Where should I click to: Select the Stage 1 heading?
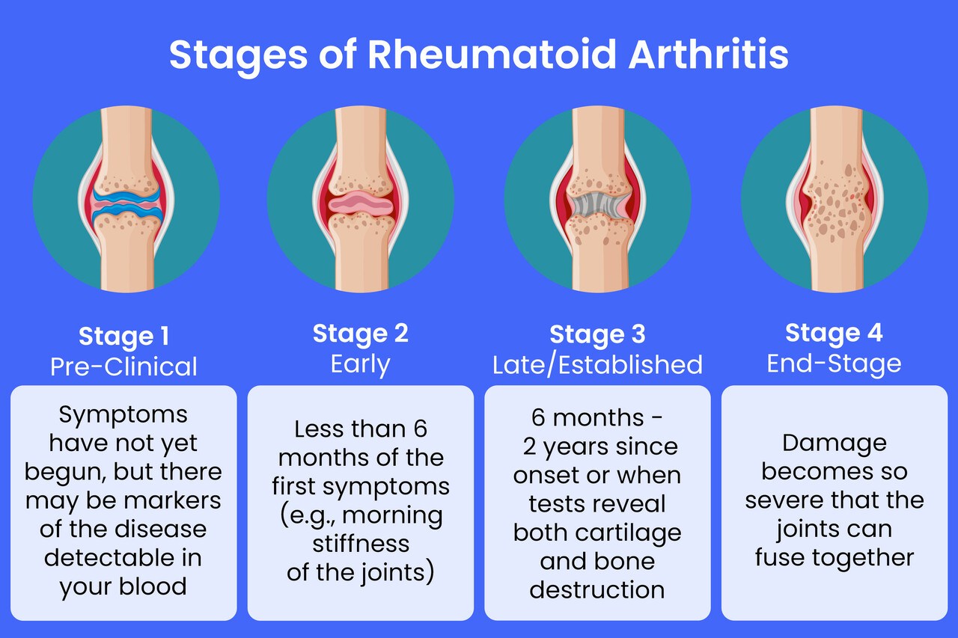click(124, 337)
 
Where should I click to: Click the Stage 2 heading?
click(361, 334)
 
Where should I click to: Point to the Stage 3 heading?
click(597, 335)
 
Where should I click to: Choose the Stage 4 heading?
click(834, 334)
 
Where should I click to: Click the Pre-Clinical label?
click(123, 366)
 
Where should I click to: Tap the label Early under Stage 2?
click(360, 364)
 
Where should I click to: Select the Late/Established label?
click(597, 365)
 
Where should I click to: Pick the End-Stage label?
click(834, 364)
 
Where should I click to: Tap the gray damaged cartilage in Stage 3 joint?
click(599, 205)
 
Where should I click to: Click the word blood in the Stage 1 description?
click(153, 586)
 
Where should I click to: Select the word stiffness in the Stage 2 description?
click(361, 543)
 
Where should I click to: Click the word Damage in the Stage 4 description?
click(835, 444)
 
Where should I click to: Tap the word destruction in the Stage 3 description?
click(597, 589)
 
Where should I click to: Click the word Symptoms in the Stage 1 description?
click(123, 415)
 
